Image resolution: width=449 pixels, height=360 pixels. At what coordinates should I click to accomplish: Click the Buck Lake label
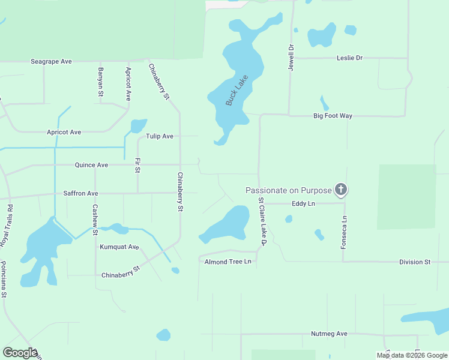(237, 91)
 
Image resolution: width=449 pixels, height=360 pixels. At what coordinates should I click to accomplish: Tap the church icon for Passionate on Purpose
(341, 190)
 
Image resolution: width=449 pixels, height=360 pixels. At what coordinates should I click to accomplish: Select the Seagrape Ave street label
(52, 62)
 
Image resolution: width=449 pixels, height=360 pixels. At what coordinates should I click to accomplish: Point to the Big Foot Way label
(333, 116)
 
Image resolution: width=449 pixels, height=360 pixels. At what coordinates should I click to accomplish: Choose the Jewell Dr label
(291, 58)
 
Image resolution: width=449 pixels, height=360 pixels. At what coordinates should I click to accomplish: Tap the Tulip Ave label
(160, 137)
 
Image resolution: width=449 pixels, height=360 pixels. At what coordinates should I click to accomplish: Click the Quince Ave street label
(91, 165)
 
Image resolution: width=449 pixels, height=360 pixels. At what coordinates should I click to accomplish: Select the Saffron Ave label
(80, 194)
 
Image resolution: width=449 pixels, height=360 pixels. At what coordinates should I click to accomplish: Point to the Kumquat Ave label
(119, 247)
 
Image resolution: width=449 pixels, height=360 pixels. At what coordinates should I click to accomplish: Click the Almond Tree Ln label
(227, 262)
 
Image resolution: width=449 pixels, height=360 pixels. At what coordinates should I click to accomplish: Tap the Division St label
(415, 263)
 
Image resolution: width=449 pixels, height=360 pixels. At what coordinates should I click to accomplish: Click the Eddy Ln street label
(303, 204)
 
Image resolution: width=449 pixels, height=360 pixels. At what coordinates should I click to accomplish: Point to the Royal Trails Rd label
(7, 226)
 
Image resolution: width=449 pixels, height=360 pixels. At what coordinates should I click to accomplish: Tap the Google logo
(20, 353)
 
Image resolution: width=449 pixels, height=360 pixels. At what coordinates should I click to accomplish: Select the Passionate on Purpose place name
(289, 190)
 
